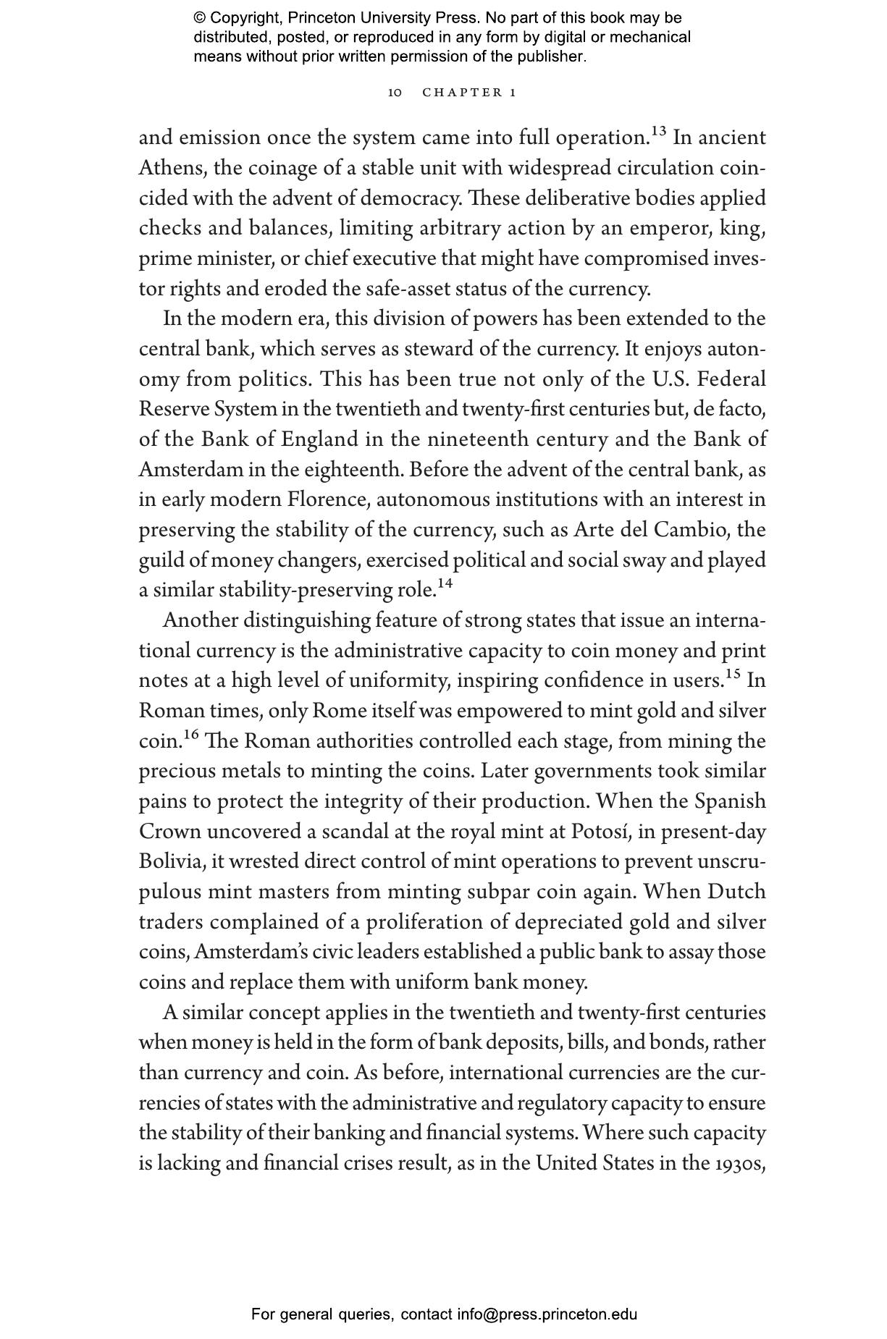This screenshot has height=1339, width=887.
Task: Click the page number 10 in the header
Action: [x=395, y=93]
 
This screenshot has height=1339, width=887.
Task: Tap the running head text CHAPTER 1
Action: [x=469, y=93]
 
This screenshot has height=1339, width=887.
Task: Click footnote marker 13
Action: [x=658, y=132]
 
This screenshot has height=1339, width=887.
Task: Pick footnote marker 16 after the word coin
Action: [x=190, y=735]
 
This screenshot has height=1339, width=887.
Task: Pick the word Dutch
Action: [x=736, y=892]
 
